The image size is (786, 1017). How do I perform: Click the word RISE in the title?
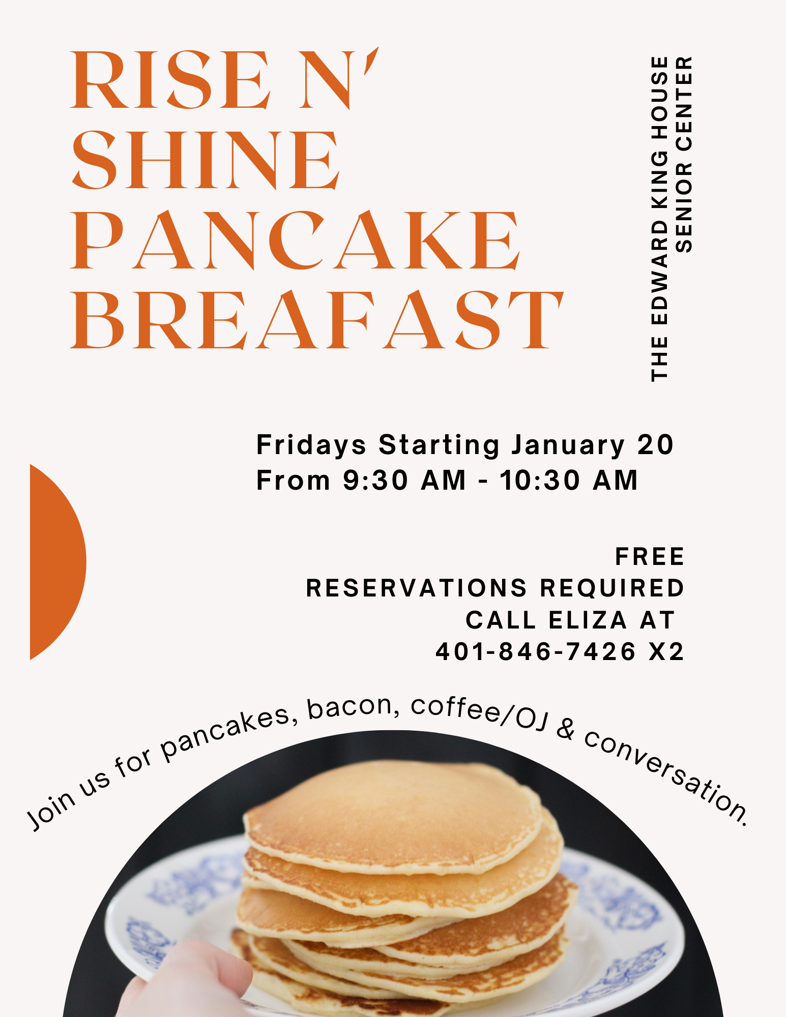pyautogui.click(x=171, y=79)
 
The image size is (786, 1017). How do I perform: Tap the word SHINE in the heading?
pyautogui.click(x=206, y=160)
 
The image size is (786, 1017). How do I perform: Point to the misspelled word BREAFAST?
pyautogui.click(x=316, y=320)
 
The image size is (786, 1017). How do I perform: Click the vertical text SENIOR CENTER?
pyautogui.click(x=684, y=155)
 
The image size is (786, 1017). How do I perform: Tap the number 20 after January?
pyautogui.click(x=656, y=445)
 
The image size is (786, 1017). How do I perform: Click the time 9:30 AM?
pyautogui.click(x=404, y=480)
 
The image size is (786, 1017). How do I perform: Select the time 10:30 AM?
pyautogui.click(x=569, y=480)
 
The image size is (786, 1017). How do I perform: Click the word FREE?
pyautogui.click(x=650, y=556)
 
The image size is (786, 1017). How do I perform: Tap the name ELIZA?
pyautogui.click(x=588, y=620)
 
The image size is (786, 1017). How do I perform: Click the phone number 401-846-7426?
pyautogui.click(x=536, y=651)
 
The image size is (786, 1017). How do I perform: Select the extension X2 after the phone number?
pyautogui.click(x=666, y=651)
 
